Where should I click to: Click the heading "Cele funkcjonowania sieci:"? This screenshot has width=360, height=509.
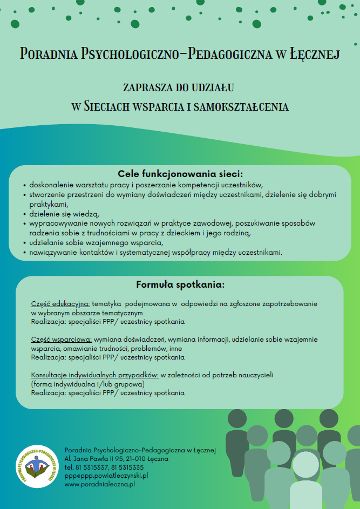(x=180, y=174)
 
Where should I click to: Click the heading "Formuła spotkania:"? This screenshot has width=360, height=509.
(x=180, y=284)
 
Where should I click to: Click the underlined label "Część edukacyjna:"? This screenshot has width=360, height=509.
(x=60, y=304)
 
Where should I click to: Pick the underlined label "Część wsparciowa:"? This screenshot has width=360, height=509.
(x=62, y=340)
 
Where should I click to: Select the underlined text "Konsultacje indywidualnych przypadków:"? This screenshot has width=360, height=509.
(x=94, y=375)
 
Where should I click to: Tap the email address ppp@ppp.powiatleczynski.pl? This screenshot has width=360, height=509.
(x=106, y=476)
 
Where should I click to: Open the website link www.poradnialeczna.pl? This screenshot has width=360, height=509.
(x=99, y=485)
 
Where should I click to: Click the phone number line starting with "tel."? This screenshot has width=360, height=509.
(x=104, y=467)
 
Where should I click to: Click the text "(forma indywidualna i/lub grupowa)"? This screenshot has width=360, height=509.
(x=87, y=384)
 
